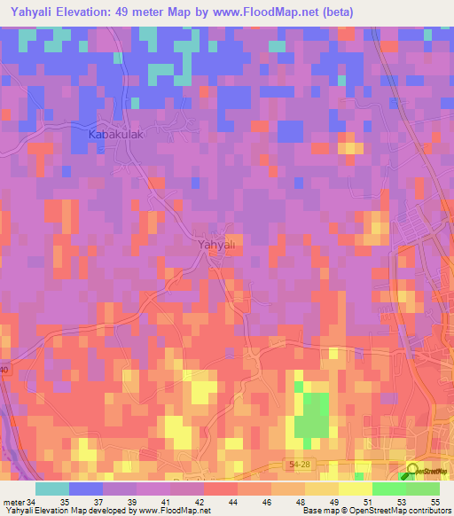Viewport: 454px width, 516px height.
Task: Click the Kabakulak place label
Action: (112, 135)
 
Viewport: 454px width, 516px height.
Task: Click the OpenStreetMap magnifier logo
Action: (414, 472)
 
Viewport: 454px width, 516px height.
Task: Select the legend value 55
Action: (434, 502)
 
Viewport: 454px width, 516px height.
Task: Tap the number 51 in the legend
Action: (367, 502)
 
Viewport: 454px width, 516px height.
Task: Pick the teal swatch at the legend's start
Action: (52, 489)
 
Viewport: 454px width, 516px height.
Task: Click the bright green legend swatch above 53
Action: (389, 489)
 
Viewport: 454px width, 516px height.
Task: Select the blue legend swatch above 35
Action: (86, 489)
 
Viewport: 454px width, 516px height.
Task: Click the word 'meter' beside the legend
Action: (13, 502)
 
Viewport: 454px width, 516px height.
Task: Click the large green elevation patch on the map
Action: (311, 413)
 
